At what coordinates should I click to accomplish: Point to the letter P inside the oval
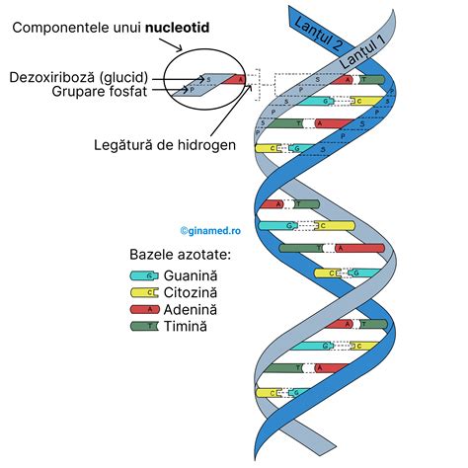point(192,88)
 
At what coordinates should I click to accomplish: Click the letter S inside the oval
point(209,80)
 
